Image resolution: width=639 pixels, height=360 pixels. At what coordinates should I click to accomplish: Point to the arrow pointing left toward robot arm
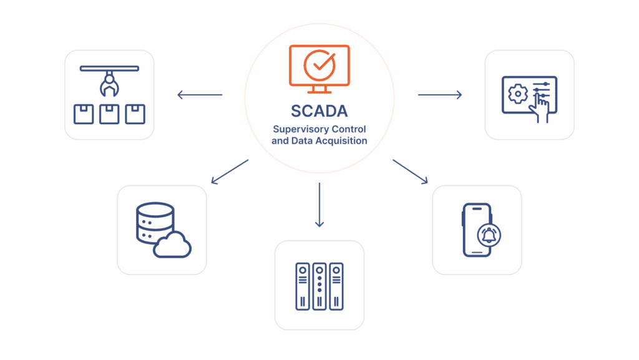point(200,95)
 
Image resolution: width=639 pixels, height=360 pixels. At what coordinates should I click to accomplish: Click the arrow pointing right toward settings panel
point(440,95)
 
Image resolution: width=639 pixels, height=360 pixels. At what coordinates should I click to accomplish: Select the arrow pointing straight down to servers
point(319,205)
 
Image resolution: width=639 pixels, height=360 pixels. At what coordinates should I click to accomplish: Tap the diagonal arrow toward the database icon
point(230,172)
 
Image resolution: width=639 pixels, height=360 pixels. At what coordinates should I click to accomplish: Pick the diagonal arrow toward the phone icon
point(410,172)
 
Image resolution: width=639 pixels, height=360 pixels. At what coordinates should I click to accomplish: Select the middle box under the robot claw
point(109,114)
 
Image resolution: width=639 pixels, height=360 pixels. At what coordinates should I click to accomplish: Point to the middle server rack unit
point(319,285)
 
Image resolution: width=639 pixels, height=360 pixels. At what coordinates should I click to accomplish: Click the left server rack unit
point(303,285)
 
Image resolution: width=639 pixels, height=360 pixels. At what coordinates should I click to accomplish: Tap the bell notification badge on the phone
point(489,236)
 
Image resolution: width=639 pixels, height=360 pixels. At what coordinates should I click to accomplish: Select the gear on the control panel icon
point(517,94)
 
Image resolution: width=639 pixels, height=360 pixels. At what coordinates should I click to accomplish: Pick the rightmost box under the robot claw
point(135,114)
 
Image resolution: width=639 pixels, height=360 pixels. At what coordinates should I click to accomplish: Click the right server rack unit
point(336,285)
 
